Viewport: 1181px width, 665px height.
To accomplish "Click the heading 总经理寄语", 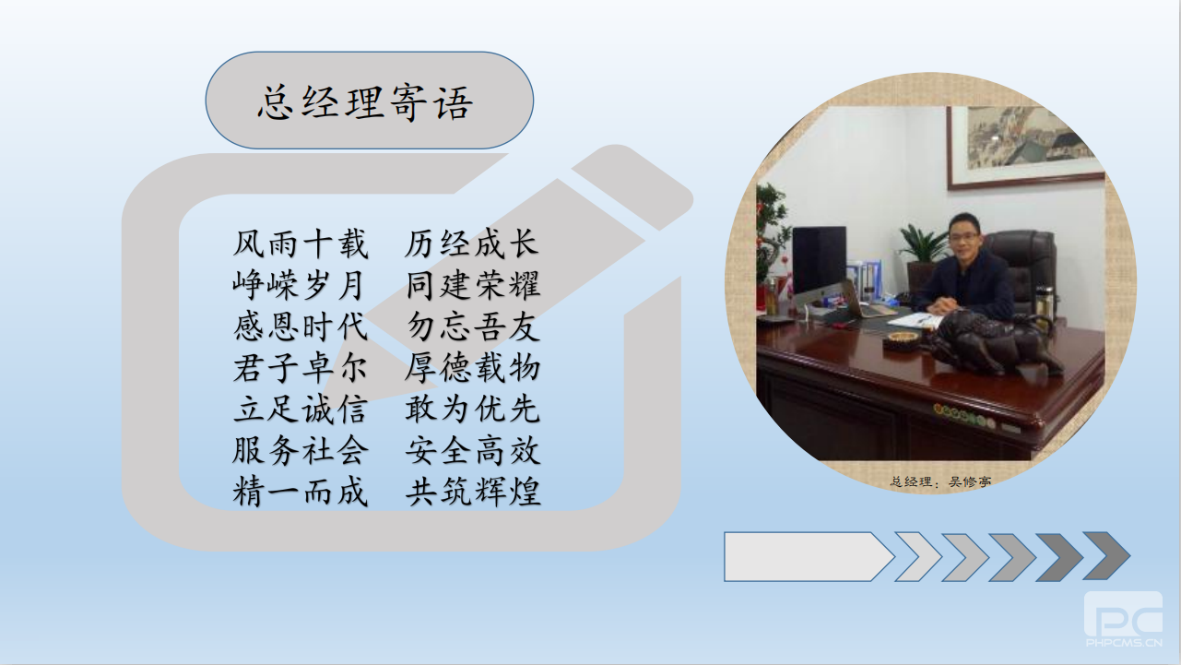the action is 364,102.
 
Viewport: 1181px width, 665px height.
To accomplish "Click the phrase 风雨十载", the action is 300,244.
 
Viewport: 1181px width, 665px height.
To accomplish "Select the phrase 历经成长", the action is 472,244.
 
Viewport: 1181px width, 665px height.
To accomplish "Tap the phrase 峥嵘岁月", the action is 299,285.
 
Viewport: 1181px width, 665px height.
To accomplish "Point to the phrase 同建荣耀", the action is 473,285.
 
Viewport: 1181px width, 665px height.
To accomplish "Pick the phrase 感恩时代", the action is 300,327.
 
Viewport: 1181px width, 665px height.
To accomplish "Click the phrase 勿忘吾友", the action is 473,327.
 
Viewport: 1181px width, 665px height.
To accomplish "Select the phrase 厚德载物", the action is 472,368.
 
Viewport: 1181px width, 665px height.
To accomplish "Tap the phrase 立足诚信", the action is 300,410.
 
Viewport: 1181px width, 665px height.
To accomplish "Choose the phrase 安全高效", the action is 473,451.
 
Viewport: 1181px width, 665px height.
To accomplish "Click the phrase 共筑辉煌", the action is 473,492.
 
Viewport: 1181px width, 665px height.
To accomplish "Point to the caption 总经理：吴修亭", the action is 941,481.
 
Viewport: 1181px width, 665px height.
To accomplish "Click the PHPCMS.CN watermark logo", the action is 1123,619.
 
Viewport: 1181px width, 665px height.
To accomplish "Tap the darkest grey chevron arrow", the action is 1106,556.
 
